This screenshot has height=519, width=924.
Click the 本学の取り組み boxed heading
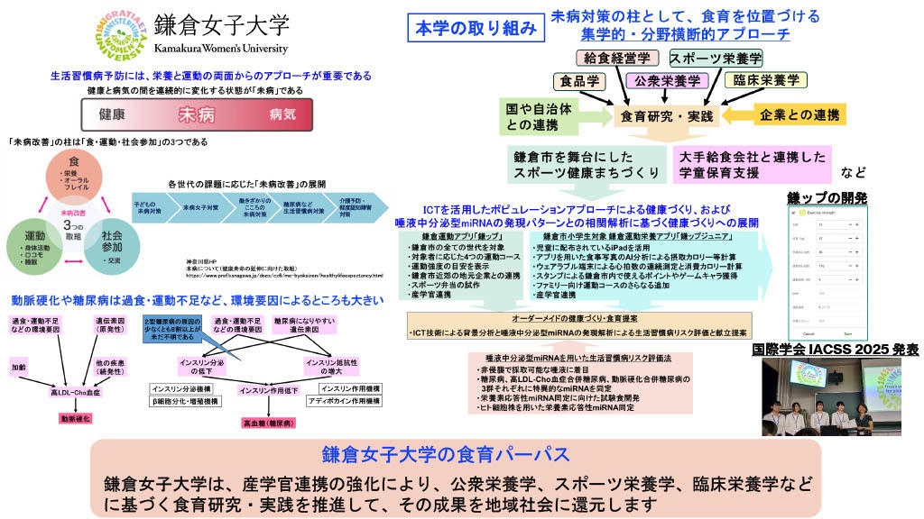click(x=476, y=28)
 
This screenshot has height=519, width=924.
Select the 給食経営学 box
click(x=616, y=59)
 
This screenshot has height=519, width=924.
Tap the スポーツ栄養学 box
click(x=716, y=59)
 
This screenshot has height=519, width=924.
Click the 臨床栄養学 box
click(x=765, y=81)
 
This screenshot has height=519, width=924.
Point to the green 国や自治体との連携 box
click(x=539, y=116)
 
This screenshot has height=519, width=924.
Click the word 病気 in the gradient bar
click(x=282, y=115)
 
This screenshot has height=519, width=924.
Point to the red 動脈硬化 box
click(x=77, y=419)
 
